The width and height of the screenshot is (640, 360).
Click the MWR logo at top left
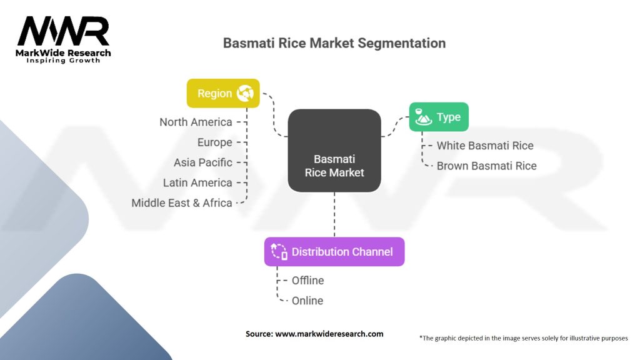point(63,39)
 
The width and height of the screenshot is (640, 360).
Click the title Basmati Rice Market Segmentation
point(334,43)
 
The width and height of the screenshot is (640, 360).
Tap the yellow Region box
point(223,94)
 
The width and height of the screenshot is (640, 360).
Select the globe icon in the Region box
point(245,93)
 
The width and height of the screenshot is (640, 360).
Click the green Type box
point(439,117)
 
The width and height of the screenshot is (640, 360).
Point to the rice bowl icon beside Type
point(423,117)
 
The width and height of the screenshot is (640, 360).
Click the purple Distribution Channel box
point(334,252)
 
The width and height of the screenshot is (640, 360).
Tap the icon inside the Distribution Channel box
point(279,251)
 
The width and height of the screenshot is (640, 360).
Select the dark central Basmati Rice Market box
point(334,151)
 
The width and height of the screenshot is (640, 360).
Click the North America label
point(196,122)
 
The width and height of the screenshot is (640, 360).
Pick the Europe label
point(215,142)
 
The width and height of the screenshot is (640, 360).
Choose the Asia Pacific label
point(203,162)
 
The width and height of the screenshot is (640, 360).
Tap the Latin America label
point(197,183)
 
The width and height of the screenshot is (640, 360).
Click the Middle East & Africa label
point(182,203)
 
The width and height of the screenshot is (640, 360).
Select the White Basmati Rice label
point(485,146)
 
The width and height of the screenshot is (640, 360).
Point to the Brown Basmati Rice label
point(486,166)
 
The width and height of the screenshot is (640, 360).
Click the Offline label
point(307,281)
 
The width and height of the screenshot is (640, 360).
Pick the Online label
point(307,301)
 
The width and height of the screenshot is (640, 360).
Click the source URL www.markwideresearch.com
point(329,334)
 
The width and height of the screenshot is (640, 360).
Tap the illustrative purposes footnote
point(524,338)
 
